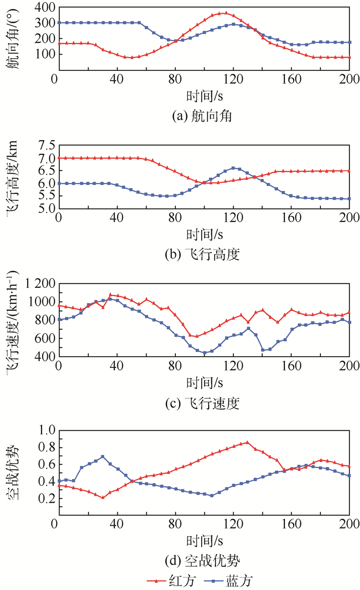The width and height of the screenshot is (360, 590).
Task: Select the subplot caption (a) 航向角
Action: coord(202,116)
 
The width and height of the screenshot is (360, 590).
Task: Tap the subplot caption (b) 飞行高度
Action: coord(202,255)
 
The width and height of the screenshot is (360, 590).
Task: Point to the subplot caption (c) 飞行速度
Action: coord(202,404)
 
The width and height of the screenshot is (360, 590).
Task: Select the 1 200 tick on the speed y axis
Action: coord(38,284)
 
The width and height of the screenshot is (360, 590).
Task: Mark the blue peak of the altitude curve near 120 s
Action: coord(234,168)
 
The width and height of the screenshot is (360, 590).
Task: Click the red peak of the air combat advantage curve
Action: coord(247,441)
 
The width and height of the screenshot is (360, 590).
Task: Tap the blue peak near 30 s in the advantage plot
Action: coord(103,456)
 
